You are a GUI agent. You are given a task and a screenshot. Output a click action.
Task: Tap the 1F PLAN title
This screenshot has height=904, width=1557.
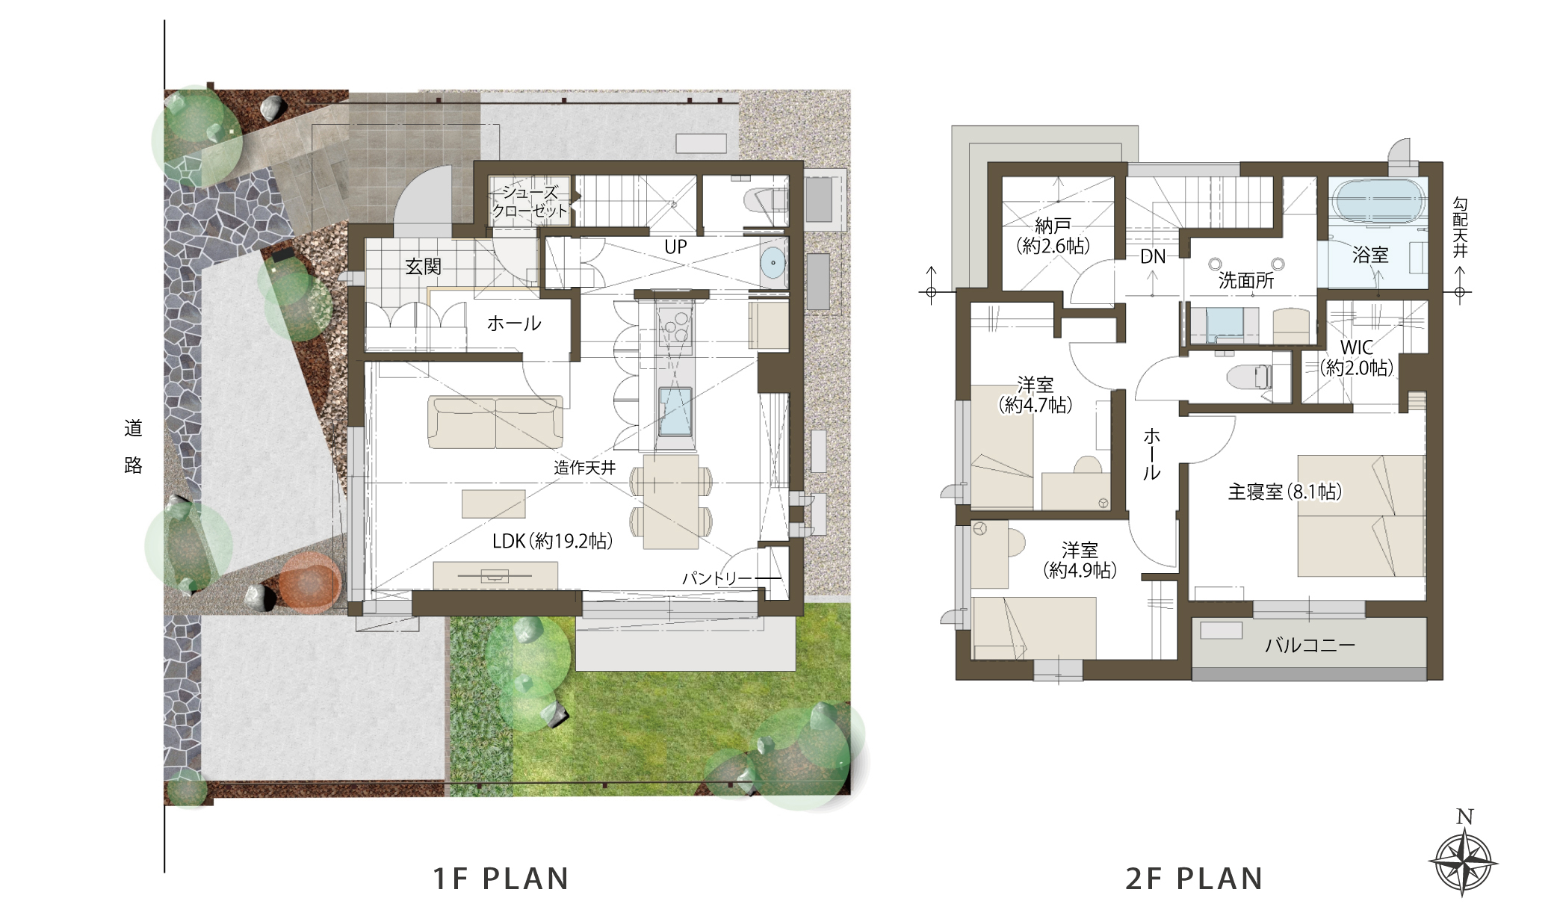501,879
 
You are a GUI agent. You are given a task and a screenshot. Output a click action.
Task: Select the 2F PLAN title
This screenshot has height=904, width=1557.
1194,879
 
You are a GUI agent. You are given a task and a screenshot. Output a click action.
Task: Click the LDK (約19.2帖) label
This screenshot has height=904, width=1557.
553,541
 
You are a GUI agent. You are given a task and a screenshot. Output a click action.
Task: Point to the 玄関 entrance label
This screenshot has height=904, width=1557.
423,266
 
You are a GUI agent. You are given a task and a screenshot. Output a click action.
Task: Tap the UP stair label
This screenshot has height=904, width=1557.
675,247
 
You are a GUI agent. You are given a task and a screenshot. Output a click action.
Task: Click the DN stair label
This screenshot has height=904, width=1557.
1153,257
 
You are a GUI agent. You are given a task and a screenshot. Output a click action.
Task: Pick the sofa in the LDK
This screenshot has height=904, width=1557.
495,422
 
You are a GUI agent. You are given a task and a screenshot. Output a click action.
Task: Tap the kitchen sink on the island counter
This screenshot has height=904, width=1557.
675,411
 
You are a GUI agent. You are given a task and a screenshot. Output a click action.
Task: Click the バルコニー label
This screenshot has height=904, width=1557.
1310,645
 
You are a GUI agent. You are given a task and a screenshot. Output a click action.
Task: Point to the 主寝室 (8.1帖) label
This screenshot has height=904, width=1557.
1285,492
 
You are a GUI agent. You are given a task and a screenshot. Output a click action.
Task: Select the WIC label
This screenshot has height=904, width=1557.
1357,347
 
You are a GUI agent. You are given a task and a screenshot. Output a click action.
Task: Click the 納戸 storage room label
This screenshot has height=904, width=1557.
1053,225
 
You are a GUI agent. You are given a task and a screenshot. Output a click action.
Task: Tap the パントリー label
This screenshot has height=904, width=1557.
717,578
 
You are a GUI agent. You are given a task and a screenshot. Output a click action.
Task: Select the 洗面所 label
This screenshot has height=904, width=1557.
1246,280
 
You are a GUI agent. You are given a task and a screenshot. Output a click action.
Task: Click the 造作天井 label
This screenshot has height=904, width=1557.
585,468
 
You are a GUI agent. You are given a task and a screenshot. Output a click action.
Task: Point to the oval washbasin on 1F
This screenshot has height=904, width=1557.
773,263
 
